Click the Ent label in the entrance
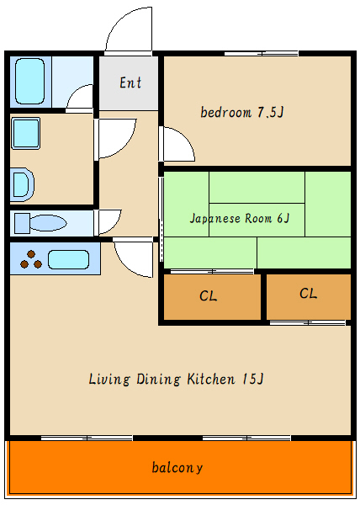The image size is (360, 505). (130, 82)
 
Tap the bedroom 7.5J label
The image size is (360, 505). (242, 112)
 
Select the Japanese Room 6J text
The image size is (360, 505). (240, 218)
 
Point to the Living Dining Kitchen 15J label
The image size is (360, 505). (177, 379)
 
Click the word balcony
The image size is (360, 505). (177, 467)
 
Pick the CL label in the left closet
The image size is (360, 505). (208, 295)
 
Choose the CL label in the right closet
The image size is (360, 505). (308, 294)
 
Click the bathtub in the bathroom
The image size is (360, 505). (29, 81)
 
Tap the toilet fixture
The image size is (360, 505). (40, 223)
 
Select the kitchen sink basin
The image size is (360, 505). (68, 259)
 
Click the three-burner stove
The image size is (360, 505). (31, 260)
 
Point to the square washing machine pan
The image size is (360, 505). (26, 133)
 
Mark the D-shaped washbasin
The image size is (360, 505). (23, 184)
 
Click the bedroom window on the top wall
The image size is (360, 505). (262, 54)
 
